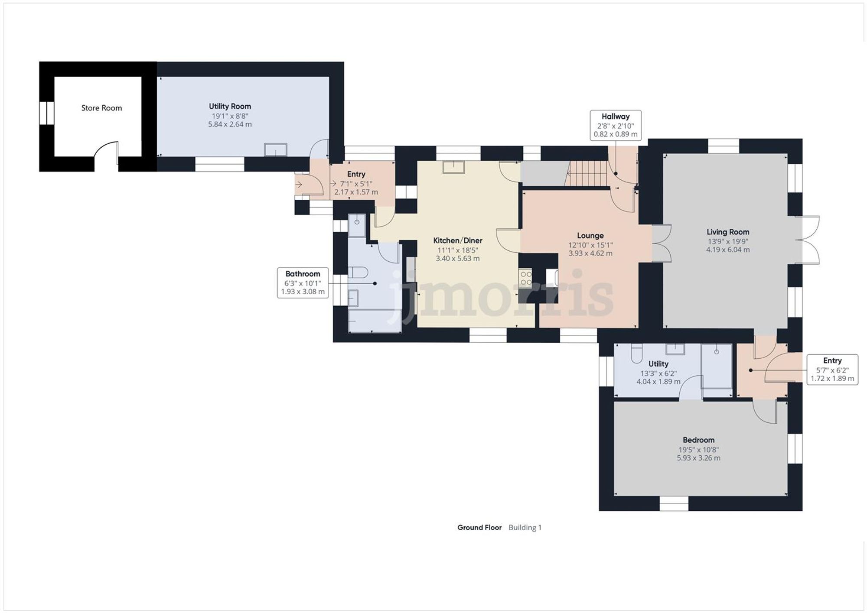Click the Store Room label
pos(101,108)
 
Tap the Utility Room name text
pos(230,106)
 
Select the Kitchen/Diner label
pos(457,240)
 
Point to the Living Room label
pos(727,232)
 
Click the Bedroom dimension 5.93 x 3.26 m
pos(698,458)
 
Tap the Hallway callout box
pos(615,125)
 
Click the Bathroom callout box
pos(303,283)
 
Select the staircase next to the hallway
pos(587,173)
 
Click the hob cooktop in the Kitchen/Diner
pos(525,278)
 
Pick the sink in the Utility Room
pos(275,150)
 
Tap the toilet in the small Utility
pos(636,353)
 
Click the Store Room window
pos(46,113)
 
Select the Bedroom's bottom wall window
pos(674,503)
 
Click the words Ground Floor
pos(479,527)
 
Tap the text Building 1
pos(525,527)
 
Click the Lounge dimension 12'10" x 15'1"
pos(590,245)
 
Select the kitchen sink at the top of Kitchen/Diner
pos(453,167)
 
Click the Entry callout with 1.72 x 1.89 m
pos(832,370)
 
